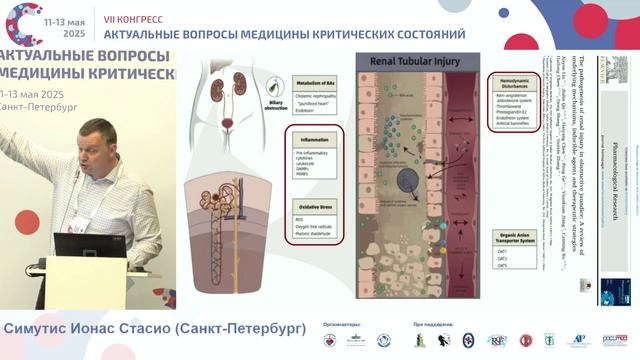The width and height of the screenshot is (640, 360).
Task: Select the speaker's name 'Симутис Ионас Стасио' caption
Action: click(89, 329)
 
